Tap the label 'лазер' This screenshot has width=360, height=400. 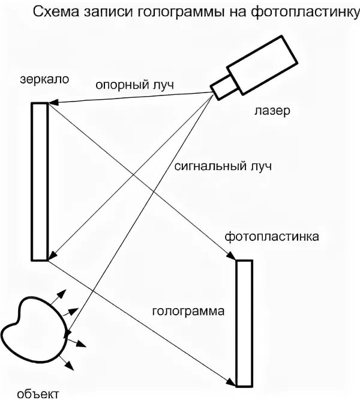(271, 111)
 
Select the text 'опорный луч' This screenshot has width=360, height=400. (134, 85)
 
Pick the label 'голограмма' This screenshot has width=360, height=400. (188, 312)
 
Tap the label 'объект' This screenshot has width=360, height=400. (38, 393)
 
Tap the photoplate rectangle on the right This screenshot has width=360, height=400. (244, 323)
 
